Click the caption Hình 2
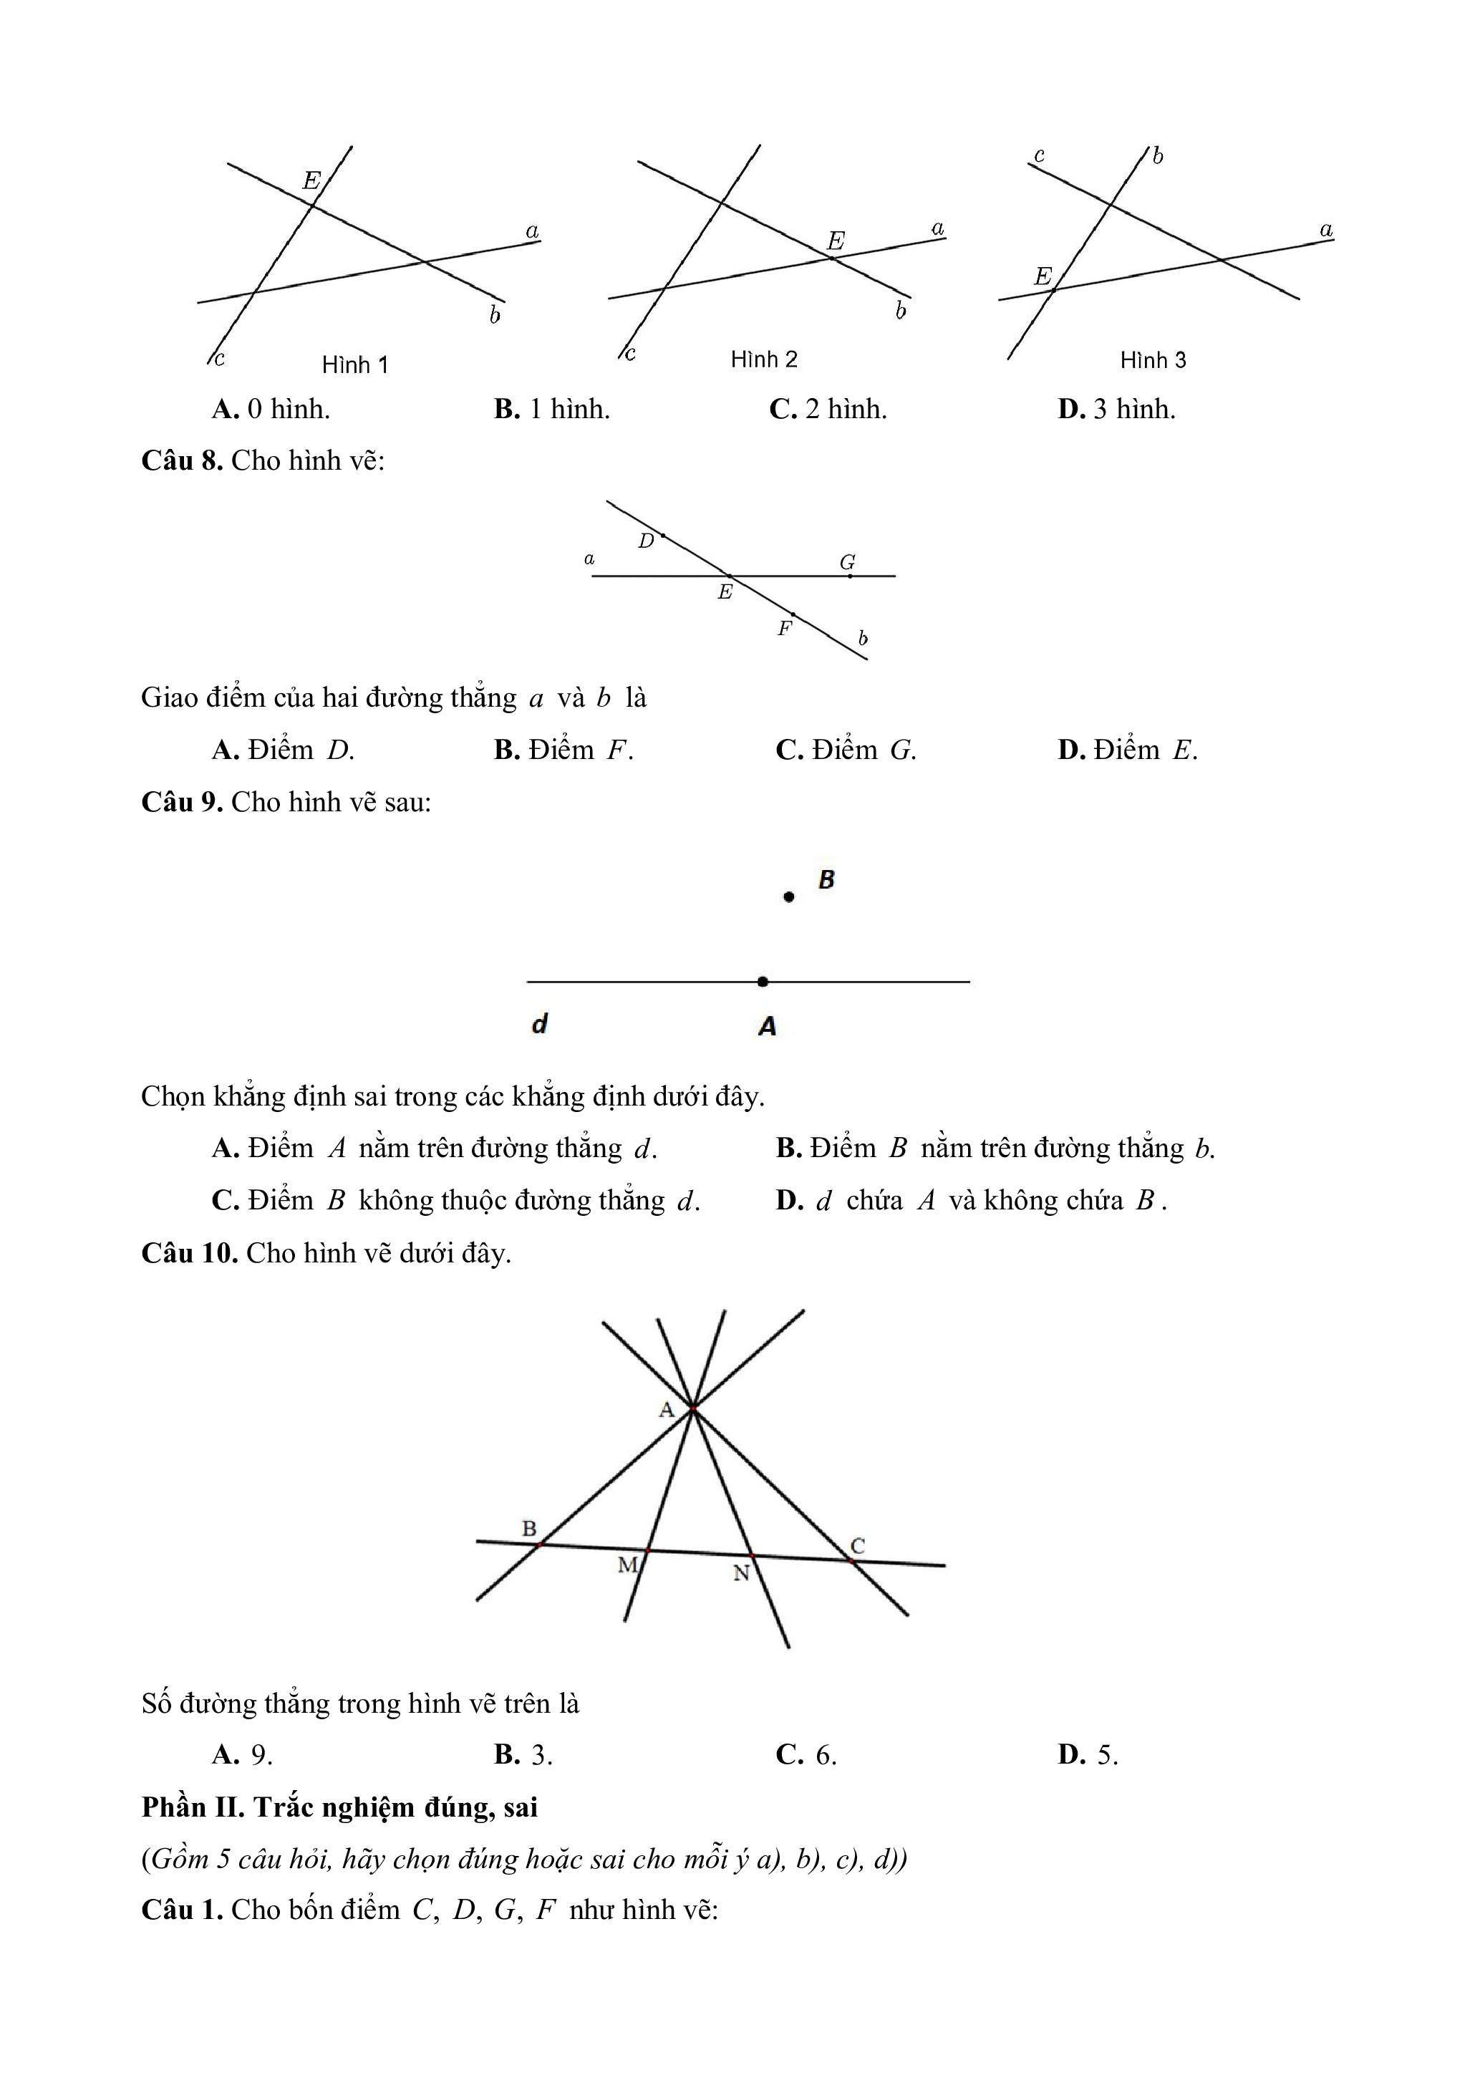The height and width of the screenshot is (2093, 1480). tap(764, 359)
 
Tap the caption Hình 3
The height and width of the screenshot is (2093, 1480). tap(1153, 360)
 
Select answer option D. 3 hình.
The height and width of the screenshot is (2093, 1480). tap(1116, 410)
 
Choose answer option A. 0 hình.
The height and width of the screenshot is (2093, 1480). tap(271, 410)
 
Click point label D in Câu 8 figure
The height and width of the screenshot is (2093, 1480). tap(646, 541)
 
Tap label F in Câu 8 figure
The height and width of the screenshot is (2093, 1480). tap(784, 628)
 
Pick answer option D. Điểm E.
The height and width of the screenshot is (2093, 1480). tap(1127, 750)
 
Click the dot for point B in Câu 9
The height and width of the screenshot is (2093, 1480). tap(789, 897)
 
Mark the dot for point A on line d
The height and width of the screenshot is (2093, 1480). tap(763, 982)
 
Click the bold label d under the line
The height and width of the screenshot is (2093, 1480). tap(539, 1024)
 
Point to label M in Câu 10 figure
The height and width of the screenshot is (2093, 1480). tap(627, 1565)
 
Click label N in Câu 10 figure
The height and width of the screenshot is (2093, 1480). tap(741, 1573)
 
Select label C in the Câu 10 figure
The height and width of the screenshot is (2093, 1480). tap(858, 1546)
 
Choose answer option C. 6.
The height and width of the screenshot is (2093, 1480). tap(806, 1755)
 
